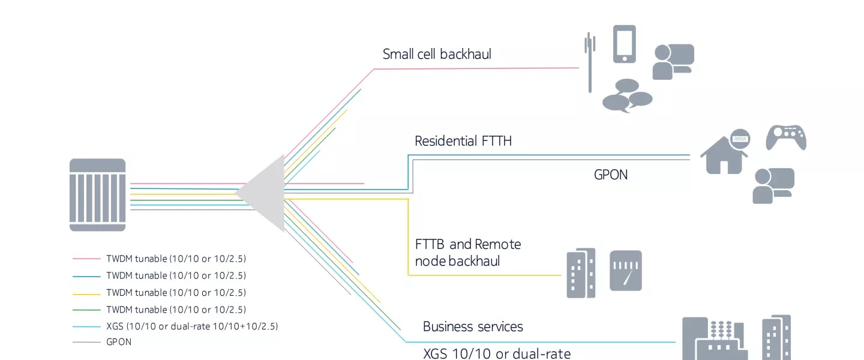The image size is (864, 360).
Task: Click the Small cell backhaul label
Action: coord(437,54)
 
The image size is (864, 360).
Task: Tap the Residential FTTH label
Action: coord(463,142)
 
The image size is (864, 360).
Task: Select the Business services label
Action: coord(473,326)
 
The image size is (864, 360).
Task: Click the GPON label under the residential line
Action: coord(611,175)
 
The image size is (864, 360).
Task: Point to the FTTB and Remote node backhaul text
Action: coord(467,253)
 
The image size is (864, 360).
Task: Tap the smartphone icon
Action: coord(624,44)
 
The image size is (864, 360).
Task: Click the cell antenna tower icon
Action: coord(590,62)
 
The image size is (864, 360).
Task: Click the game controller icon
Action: coord(785,137)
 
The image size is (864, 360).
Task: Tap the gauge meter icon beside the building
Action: coord(626,271)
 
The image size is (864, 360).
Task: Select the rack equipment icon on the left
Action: coord(98,195)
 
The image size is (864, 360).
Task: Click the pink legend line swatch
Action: coord(86,259)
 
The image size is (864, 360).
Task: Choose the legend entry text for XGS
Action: coord(192,326)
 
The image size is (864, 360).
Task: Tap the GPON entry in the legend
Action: coord(118,342)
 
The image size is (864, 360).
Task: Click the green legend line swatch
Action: coord(86,310)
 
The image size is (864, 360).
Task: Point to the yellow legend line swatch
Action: coord(86,293)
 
